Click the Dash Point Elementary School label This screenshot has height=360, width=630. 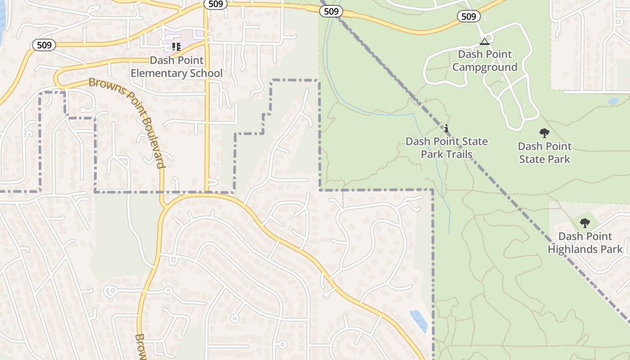point(176,67)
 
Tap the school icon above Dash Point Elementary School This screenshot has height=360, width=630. point(176,46)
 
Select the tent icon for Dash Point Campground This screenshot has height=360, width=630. point(484,42)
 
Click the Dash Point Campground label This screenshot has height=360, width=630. point(485,61)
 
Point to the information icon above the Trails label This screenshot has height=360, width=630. point(446,129)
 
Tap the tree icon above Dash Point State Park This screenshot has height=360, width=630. point(544,133)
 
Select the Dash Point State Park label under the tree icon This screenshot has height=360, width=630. point(544,153)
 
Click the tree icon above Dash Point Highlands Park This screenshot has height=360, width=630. point(585,223)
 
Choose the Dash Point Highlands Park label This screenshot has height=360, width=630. point(585,243)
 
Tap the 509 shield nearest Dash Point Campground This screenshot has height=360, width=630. point(468,17)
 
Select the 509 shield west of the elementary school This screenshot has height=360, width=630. point(44,45)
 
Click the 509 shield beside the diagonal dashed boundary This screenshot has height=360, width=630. point(331,11)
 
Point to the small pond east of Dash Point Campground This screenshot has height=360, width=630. point(613,101)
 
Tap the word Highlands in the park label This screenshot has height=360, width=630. point(585,249)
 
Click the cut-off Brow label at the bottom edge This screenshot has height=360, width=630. point(140,346)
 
